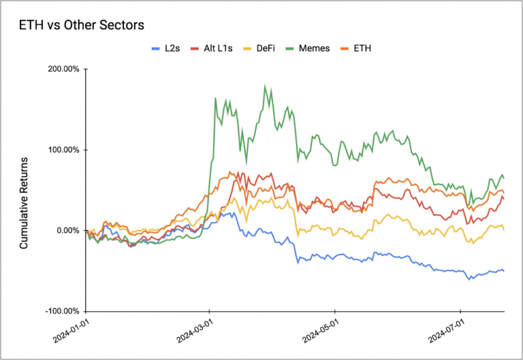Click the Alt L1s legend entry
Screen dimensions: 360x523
tap(216, 48)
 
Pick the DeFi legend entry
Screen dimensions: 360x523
tap(268, 48)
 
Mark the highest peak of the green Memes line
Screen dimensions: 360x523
tap(265, 86)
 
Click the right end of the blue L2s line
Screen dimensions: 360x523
tap(503, 270)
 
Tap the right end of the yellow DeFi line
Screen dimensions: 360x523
tap(503, 229)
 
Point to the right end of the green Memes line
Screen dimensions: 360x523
tap(503, 178)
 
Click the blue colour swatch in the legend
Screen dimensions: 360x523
tap(155, 48)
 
